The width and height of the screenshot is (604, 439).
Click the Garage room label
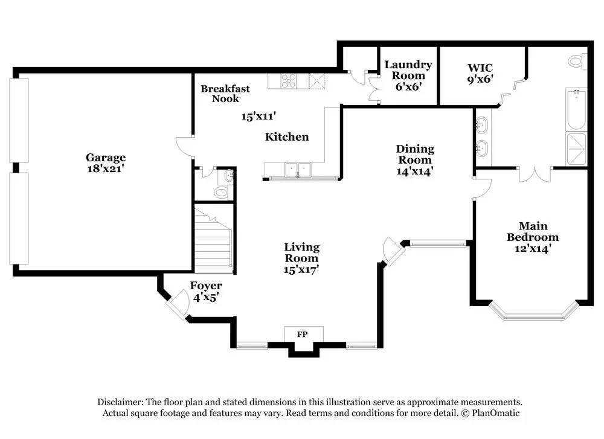coord(105,158)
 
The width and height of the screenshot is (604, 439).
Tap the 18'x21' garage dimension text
coord(105,169)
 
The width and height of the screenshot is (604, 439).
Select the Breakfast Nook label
coord(225,94)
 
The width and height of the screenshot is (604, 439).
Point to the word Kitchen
coord(287,137)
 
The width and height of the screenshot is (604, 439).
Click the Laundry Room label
coord(408,70)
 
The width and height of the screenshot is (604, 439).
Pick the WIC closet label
coord(481,68)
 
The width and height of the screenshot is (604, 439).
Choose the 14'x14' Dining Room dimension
coord(415,171)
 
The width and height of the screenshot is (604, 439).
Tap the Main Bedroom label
coord(532,232)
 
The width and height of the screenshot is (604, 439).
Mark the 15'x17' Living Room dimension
coord(301,269)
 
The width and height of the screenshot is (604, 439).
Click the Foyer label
coord(206,286)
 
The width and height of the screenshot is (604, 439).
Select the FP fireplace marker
coord(303,333)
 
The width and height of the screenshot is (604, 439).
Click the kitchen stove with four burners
coord(289,80)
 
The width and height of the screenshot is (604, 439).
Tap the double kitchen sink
coord(298,170)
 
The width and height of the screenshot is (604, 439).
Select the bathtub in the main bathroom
coord(576,109)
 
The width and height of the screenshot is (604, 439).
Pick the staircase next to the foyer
coord(213,238)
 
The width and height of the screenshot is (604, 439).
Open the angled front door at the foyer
coord(178,304)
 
